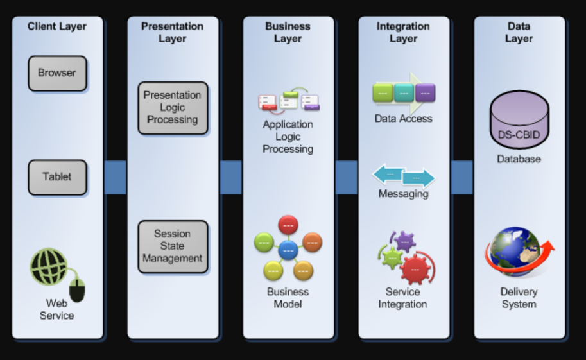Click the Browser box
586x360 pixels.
(x=57, y=73)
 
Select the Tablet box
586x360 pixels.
(x=57, y=177)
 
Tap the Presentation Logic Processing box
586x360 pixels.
(x=173, y=108)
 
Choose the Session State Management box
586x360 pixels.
(x=173, y=246)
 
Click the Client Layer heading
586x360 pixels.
(x=57, y=26)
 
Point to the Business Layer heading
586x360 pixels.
(x=288, y=32)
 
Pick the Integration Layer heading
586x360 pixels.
(x=403, y=32)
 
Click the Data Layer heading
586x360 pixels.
(x=519, y=32)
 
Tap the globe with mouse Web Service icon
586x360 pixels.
(x=51, y=270)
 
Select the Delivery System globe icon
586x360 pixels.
(x=517, y=252)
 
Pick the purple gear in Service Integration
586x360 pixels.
(x=404, y=241)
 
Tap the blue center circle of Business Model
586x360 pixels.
(x=288, y=250)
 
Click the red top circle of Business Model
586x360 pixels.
(x=288, y=225)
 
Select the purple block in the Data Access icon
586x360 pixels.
(x=425, y=93)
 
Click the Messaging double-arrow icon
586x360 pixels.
(x=404, y=176)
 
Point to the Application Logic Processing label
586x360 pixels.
(x=288, y=137)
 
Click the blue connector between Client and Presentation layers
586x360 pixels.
(x=115, y=177)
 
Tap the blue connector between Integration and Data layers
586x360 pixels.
(x=461, y=177)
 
